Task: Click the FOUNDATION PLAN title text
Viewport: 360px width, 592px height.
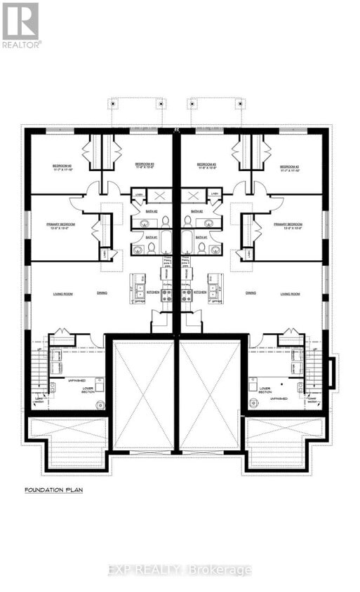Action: (x=53, y=490)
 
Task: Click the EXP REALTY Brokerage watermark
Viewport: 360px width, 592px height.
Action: (x=180, y=570)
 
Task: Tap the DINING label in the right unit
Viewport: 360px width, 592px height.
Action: (x=250, y=293)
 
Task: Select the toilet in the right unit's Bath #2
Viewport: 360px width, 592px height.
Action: (x=189, y=221)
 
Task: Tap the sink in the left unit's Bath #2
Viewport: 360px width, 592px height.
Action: (x=145, y=223)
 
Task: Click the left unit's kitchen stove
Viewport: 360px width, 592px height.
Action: (x=167, y=295)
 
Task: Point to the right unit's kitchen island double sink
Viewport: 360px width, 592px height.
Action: (x=215, y=287)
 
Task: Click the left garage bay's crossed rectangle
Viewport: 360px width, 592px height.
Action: (x=142, y=394)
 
